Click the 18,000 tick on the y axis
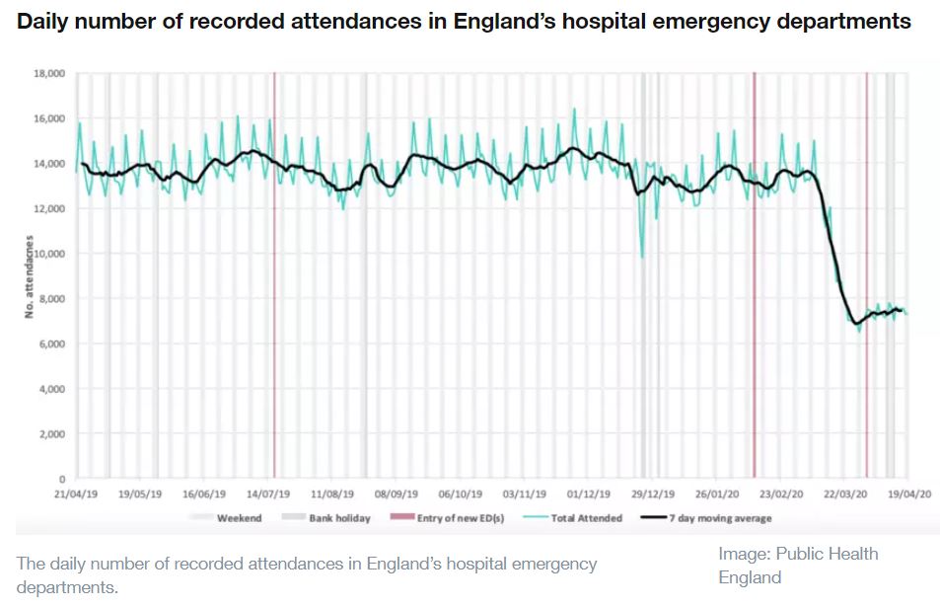49,73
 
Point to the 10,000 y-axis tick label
49,254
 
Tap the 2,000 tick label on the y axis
52,434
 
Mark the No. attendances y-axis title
31,276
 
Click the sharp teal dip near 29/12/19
642,257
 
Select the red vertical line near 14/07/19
274,296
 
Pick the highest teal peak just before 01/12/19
574,110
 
